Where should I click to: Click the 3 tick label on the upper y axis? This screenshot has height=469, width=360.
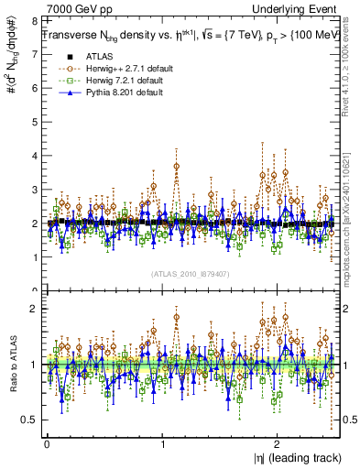[34, 189]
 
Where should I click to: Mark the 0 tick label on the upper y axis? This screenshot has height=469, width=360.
[34, 290]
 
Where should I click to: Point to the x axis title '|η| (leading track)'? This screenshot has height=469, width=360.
[300, 458]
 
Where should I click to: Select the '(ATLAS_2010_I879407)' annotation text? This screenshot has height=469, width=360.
[190, 272]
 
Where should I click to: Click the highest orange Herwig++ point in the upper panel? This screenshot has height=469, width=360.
[176, 166]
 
